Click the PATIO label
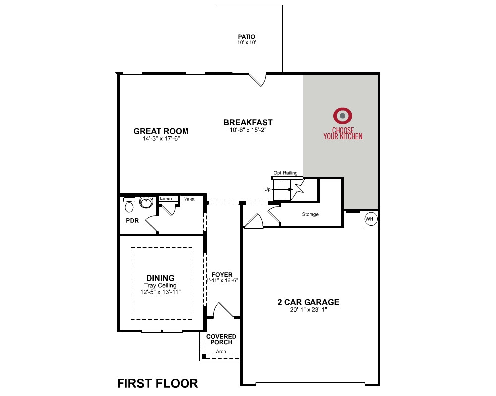(x=247, y=37)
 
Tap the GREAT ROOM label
(x=161, y=131)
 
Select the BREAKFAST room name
(x=248, y=122)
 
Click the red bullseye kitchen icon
(x=342, y=116)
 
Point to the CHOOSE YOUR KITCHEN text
(x=343, y=133)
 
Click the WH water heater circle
(x=371, y=219)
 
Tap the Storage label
(x=310, y=214)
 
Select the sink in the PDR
(x=146, y=202)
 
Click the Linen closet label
(x=166, y=198)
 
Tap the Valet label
(x=189, y=199)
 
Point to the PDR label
(x=132, y=221)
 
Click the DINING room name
(x=160, y=278)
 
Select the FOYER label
(x=222, y=275)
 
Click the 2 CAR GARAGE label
(x=309, y=302)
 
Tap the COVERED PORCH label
(x=221, y=339)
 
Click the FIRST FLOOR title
(x=158, y=383)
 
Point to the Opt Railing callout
(x=285, y=173)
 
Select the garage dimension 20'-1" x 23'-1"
(x=309, y=310)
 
